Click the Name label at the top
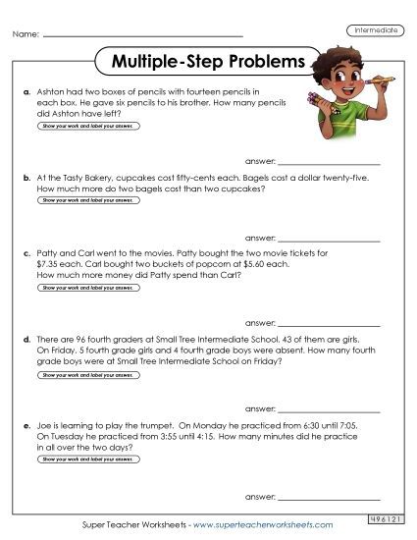click(26, 36)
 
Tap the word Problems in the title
click(257, 61)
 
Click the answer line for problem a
click(329, 161)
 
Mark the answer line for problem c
click(329, 322)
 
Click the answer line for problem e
click(329, 497)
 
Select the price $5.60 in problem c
click(236, 264)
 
